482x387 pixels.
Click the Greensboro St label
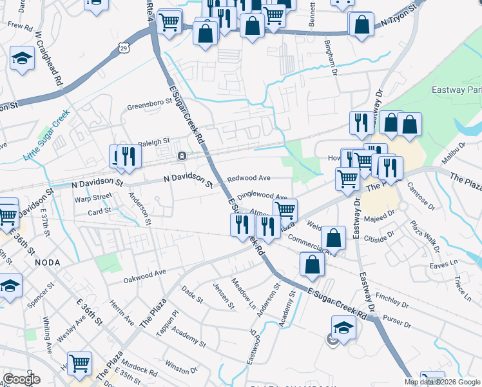coord(145,107)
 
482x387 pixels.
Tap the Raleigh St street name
coord(153,141)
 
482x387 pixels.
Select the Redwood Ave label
coord(248,177)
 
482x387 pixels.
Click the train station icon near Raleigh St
coord(182,155)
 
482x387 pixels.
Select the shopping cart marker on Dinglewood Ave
coord(285,209)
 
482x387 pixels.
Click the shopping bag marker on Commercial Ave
coord(334,237)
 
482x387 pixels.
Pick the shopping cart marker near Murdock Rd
coord(79,362)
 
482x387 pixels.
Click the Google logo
coord(21,379)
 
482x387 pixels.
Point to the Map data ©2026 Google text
coord(442,382)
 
